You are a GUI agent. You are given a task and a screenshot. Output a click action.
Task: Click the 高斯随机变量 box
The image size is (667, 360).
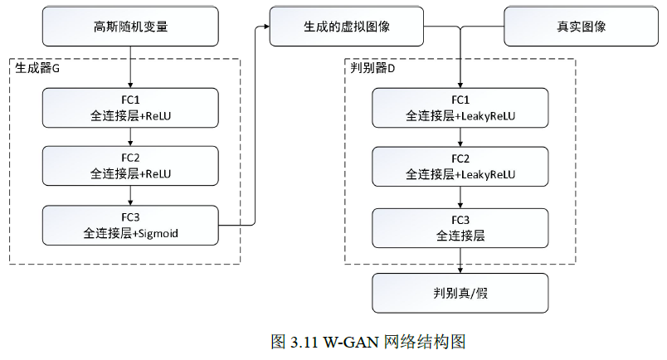point(131,27)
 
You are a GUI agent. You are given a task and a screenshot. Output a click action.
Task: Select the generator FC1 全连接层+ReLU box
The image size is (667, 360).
point(131,108)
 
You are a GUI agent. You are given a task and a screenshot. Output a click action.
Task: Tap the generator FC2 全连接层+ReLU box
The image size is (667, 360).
point(131,166)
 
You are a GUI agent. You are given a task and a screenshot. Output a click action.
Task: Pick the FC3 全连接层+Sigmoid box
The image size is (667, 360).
point(131,226)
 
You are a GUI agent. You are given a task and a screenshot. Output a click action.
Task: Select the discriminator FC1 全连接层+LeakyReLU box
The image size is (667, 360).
point(460,108)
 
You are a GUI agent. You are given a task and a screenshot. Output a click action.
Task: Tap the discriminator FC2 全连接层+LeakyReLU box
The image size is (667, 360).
point(460,166)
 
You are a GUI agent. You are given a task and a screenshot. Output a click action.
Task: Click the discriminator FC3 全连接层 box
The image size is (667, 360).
point(460,226)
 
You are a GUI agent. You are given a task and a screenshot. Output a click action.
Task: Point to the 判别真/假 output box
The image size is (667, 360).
point(460,293)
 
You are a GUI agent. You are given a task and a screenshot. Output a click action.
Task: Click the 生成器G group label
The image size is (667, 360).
point(38,69)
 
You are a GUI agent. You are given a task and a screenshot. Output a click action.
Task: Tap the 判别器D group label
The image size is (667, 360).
point(373,69)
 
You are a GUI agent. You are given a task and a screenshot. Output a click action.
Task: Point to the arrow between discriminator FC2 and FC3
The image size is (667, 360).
point(460,197)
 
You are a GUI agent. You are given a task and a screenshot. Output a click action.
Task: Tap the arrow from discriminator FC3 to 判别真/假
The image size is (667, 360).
point(460,261)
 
